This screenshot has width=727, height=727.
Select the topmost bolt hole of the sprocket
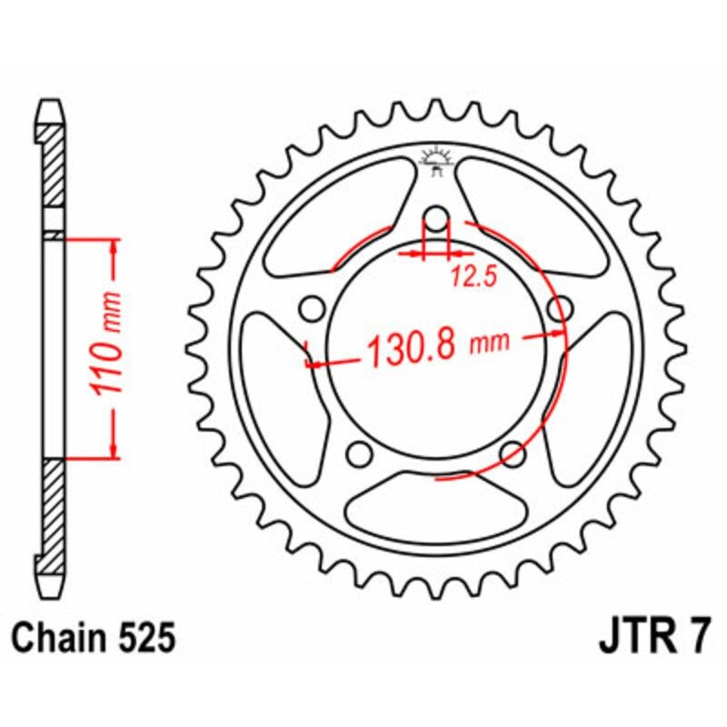[x=436, y=219]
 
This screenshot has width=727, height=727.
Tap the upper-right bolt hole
[x=559, y=308]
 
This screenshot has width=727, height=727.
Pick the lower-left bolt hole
[x=360, y=452]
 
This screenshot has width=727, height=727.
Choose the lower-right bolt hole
[x=513, y=452]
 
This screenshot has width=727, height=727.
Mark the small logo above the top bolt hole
[x=436, y=160]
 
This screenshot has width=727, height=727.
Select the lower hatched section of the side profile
[x=54, y=518]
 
